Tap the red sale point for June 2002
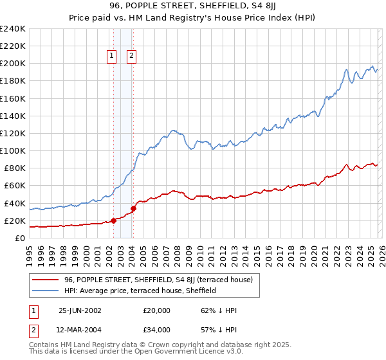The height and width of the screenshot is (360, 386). point(113,221)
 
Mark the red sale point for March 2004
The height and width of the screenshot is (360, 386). point(133,208)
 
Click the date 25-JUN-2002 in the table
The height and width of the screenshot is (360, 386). point(80,310)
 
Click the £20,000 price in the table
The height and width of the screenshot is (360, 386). point(157,310)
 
